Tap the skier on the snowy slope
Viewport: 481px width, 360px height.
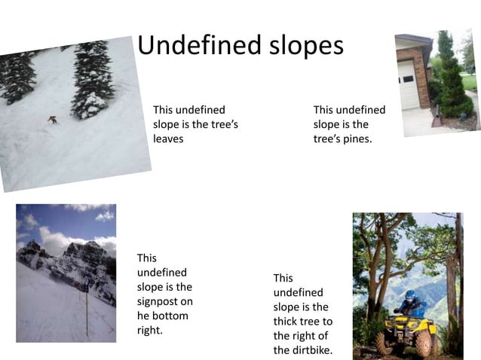click(52, 119)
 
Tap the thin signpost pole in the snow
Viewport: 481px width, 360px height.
click(86, 309)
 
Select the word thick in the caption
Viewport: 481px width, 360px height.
click(286, 322)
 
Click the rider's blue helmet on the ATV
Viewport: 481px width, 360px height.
click(410, 295)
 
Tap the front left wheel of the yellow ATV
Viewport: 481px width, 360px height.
click(387, 342)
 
